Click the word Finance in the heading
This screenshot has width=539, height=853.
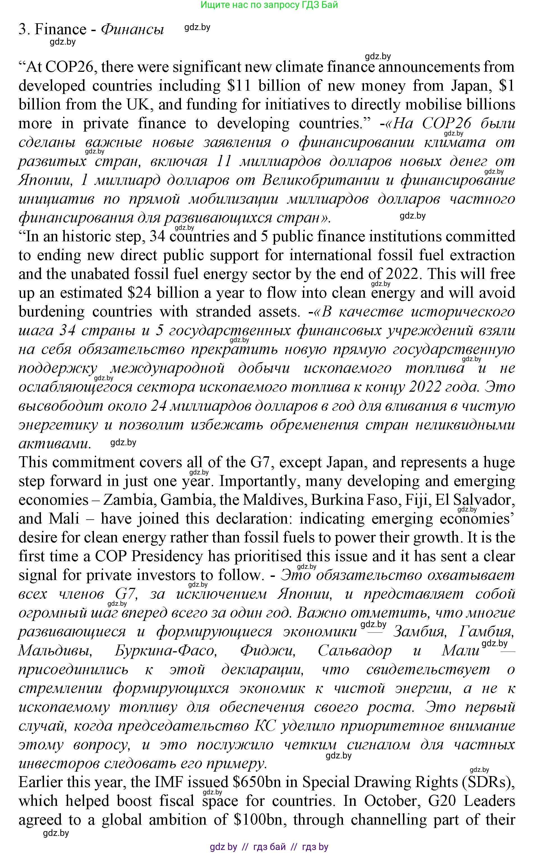click(x=60, y=29)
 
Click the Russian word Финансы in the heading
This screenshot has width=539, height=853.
click(x=132, y=29)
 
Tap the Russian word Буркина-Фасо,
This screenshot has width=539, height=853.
click(x=165, y=650)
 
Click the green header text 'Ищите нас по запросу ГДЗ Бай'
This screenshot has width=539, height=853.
click(x=269, y=4)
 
